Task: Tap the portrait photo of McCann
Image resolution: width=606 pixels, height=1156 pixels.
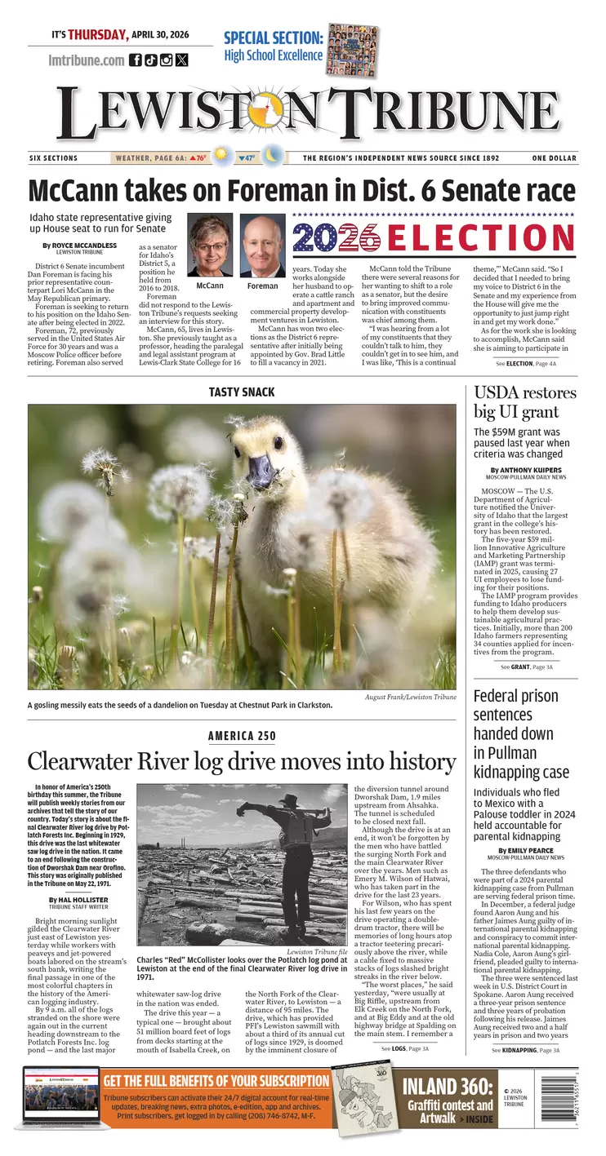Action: pyautogui.click(x=210, y=246)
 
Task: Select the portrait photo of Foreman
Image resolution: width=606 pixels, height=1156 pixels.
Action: pyautogui.click(x=263, y=246)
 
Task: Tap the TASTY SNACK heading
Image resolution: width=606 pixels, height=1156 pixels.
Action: pyautogui.click(x=242, y=392)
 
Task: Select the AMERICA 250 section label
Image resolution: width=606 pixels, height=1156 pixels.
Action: pyautogui.click(x=242, y=736)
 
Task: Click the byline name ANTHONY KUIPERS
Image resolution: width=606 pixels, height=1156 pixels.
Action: pyautogui.click(x=527, y=470)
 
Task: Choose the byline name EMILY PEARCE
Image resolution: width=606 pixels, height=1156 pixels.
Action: pyautogui.click(x=526, y=851)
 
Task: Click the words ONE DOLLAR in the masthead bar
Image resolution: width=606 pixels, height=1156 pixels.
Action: pyautogui.click(x=554, y=158)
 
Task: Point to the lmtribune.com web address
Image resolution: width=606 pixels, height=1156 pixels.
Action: pyautogui.click(x=86, y=60)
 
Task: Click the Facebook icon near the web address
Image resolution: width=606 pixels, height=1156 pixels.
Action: pyautogui.click(x=136, y=60)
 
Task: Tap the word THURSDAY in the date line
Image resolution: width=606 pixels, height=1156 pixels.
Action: pyautogui.click(x=98, y=34)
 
